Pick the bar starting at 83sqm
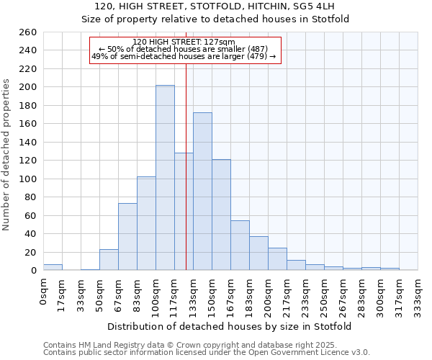pyautogui.click(x=146, y=223)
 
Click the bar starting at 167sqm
pyautogui.click(x=240, y=245)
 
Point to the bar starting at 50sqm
pyautogui.click(x=109, y=260)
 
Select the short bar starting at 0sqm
pyautogui.click(x=53, y=267)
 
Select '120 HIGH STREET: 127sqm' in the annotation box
pyautogui.click(x=184, y=42)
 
